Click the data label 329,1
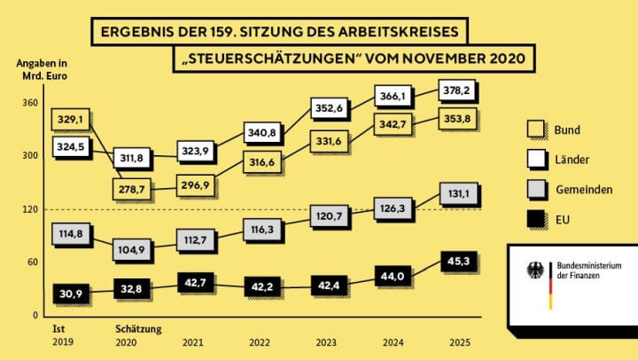coord(72,119)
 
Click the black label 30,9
coord(70,293)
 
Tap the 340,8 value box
coord(262,134)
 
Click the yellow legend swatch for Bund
coord(536,129)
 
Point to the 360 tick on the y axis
coord(29,103)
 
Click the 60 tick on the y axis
coord(32,262)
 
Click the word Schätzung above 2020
coord(138,329)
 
